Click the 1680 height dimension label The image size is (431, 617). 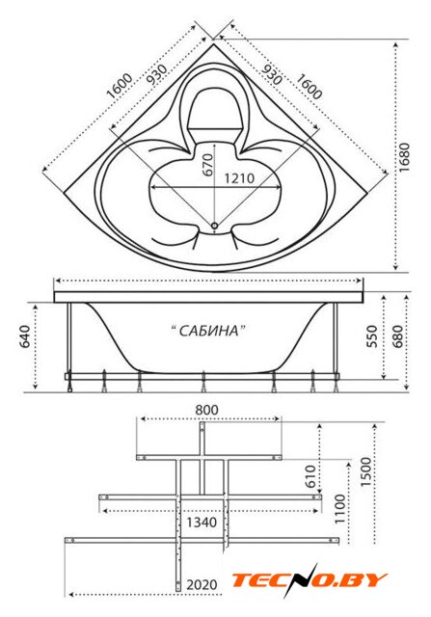(404, 156)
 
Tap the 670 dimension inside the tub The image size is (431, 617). (208, 165)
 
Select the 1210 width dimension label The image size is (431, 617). (239, 178)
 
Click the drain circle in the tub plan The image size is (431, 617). (214, 226)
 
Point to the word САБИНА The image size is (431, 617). (209, 331)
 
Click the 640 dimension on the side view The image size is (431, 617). (25, 336)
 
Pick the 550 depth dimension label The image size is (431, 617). (372, 336)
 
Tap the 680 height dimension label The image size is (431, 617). (397, 336)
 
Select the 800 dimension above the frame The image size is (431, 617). (206, 410)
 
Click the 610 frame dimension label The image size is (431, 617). (310, 476)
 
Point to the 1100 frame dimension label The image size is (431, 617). (339, 509)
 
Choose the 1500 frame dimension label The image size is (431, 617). (366, 471)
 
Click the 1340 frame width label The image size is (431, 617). (202, 523)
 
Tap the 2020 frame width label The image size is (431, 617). (202, 585)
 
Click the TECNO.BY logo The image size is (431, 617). (310, 580)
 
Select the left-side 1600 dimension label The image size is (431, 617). (120, 86)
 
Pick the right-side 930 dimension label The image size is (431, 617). (272, 74)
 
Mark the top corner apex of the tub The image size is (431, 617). (214, 43)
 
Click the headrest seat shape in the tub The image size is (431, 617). (213, 109)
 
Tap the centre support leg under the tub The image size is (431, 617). (203, 383)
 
